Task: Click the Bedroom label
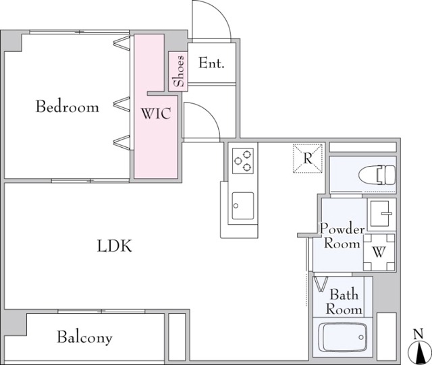point(67,107)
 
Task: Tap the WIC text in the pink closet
point(156,113)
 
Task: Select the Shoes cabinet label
point(178,71)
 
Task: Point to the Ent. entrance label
point(211,63)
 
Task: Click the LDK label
point(115,246)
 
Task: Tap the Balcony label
point(84,337)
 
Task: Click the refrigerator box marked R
point(308,159)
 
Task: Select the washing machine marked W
point(379,252)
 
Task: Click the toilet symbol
point(377,175)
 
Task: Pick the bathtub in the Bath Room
point(342,337)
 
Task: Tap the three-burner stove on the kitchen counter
point(243,161)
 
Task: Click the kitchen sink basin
point(243,206)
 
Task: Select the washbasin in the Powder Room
point(381,214)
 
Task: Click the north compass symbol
point(418,352)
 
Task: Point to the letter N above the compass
point(418,334)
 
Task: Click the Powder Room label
point(342,236)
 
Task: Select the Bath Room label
point(344,302)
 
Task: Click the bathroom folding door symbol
point(321,284)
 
